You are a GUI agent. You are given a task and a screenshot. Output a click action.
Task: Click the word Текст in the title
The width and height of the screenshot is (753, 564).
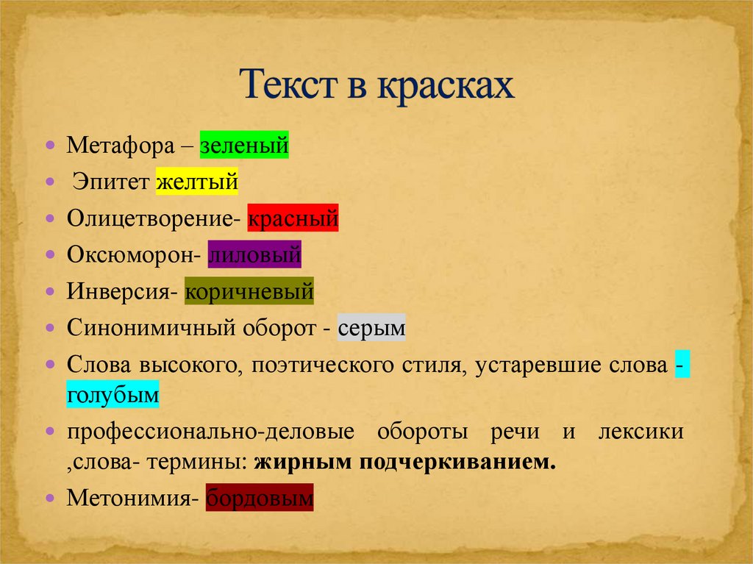[289, 85]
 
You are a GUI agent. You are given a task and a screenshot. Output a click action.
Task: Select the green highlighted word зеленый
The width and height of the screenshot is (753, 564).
[244, 145]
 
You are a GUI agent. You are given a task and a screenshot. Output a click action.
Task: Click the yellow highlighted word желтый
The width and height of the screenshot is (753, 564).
[197, 182]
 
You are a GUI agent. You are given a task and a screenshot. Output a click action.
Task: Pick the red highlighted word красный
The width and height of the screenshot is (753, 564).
[293, 218]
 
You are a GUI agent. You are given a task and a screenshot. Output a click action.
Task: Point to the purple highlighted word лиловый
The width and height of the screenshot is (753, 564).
[254, 254]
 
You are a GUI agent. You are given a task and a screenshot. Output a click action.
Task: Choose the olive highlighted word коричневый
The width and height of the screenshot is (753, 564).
[249, 291]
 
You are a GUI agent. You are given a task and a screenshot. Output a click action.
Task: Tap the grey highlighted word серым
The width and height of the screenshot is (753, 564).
[371, 328]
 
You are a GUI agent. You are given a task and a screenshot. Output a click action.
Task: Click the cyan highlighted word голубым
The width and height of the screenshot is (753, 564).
[113, 394]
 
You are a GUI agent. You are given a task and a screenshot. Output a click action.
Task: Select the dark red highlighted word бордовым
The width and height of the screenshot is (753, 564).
[260, 498]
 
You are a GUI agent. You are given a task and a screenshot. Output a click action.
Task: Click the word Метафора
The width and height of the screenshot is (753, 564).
[121, 145]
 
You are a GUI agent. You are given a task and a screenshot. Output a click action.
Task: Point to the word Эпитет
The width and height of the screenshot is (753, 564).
[111, 182]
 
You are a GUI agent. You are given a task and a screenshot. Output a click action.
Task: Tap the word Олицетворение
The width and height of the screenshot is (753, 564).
[150, 218]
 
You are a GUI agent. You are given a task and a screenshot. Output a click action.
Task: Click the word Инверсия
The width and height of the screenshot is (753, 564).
[118, 291]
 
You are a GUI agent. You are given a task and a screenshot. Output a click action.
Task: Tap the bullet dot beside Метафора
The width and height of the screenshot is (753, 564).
[51, 145]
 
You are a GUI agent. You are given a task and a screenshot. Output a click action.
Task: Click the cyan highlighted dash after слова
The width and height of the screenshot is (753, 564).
[682, 364]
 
